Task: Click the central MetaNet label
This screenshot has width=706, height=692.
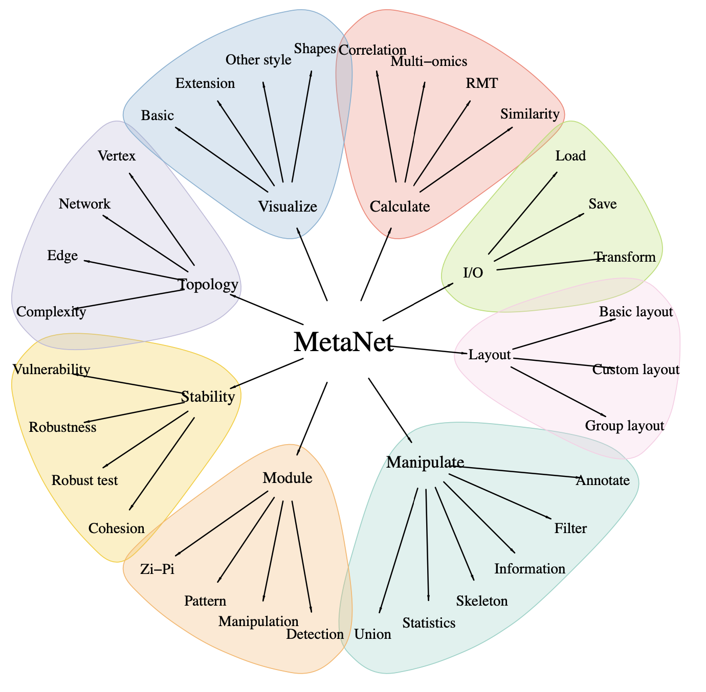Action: (343, 342)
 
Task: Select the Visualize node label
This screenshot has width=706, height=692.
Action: (288, 206)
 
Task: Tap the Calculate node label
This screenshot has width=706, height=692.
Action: (400, 206)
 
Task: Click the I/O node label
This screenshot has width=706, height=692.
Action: (473, 272)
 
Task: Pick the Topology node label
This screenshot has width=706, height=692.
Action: (208, 284)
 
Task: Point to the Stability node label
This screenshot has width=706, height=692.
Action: (208, 396)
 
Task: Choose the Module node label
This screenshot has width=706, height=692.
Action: (287, 478)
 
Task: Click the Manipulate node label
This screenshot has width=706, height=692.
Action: (425, 462)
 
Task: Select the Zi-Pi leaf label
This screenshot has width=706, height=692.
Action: (157, 569)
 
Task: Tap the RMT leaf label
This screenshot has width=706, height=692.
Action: (481, 83)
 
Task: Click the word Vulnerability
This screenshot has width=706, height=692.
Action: (51, 369)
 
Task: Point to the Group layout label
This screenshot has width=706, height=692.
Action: (624, 426)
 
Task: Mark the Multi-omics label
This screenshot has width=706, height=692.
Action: (429, 61)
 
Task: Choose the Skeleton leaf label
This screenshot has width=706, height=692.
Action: (482, 601)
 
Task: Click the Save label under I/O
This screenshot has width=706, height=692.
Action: (602, 204)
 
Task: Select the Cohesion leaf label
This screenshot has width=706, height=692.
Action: (117, 528)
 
